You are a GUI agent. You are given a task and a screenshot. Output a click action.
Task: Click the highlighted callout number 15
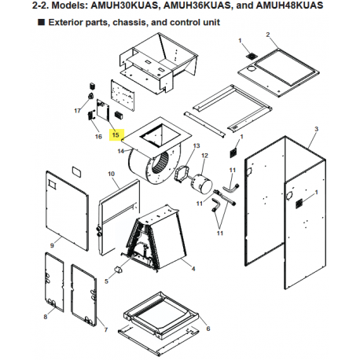116,135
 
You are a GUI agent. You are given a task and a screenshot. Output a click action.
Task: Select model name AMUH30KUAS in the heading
125,6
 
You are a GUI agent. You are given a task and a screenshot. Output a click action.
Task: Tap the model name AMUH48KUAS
289,6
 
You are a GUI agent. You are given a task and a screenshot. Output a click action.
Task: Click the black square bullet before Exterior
41,22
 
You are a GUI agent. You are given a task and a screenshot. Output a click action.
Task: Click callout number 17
77,111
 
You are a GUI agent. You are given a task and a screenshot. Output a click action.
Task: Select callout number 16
98,137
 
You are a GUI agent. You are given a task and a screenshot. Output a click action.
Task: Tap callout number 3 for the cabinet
317,129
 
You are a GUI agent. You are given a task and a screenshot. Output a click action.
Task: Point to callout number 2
268,35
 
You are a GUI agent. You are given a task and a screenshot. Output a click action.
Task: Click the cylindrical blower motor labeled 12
201,185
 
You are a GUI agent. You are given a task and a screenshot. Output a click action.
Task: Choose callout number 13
197,145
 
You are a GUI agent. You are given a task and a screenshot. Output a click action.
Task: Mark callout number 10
112,174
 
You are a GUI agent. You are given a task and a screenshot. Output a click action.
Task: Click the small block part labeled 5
118,270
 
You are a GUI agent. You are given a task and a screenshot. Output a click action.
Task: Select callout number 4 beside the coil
193,269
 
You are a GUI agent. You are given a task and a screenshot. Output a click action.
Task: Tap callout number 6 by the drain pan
208,329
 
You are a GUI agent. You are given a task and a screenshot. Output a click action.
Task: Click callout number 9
52,245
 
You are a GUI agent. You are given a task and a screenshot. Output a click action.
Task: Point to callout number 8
46,317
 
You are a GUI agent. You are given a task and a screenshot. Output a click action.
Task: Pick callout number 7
106,329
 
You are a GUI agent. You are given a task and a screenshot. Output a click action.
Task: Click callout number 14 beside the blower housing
121,151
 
